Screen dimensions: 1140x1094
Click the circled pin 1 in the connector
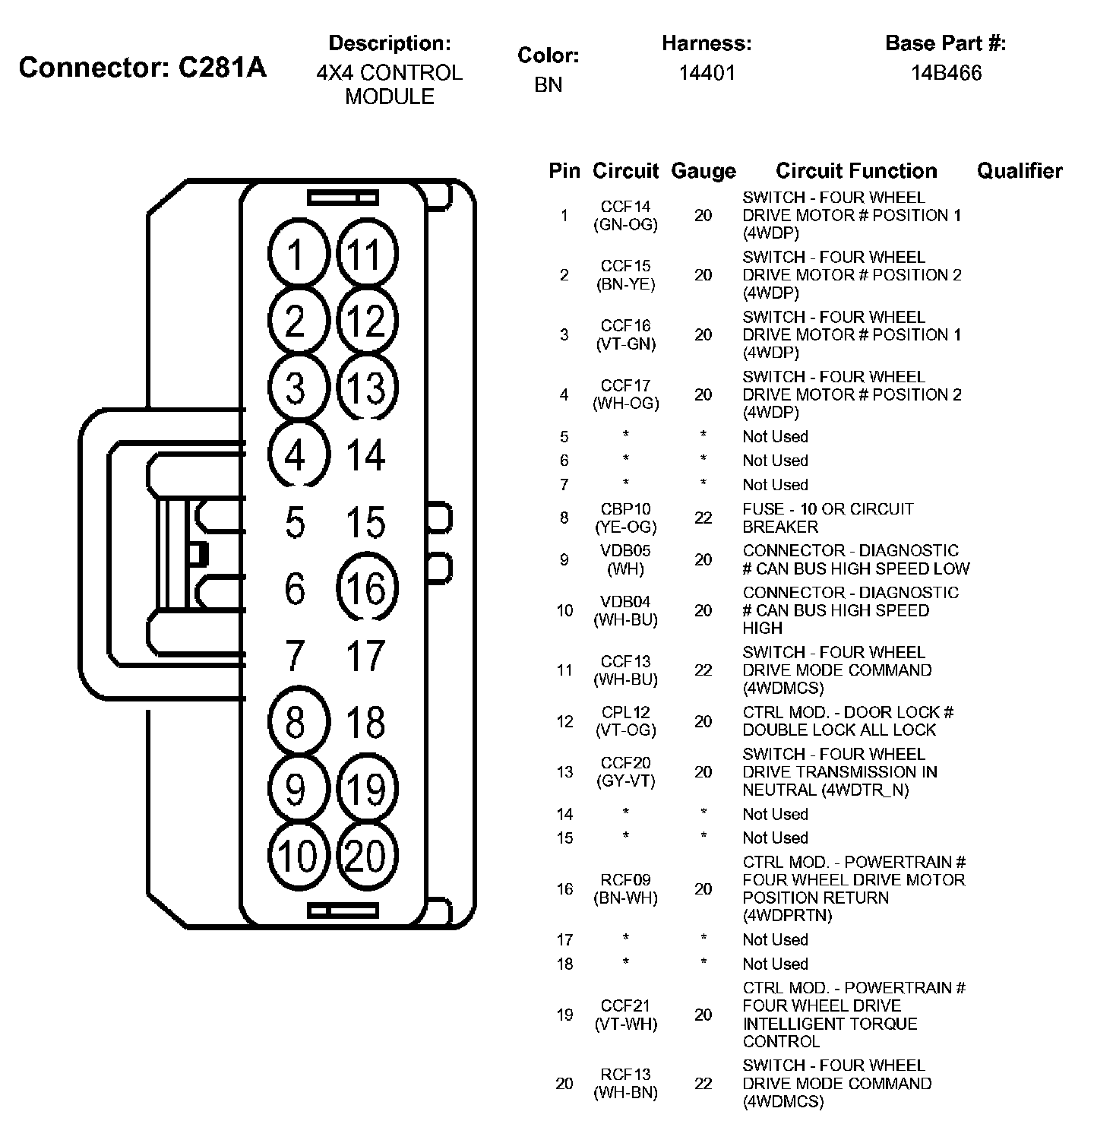click(x=296, y=254)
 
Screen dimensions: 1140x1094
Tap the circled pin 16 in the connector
click(x=366, y=588)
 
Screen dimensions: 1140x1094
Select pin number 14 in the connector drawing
click(x=366, y=454)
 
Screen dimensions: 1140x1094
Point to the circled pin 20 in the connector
click(x=366, y=856)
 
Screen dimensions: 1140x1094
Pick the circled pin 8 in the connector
click(x=296, y=722)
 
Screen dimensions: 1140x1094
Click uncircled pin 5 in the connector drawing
click(x=295, y=522)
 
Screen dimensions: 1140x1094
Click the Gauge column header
click(x=704, y=171)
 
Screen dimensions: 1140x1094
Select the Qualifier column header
click(x=1020, y=171)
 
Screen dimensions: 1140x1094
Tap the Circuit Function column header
click(x=856, y=171)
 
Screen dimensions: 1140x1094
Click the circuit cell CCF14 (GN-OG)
click(x=626, y=215)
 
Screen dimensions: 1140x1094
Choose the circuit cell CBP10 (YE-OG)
click(x=626, y=518)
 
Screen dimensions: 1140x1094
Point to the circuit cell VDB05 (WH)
click(x=626, y=559)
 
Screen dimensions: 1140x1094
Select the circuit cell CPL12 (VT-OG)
click(x=626, y=721)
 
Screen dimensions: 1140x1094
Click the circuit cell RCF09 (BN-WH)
click(x=626, y=888)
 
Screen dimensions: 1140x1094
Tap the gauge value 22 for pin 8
click(x=704, y=518)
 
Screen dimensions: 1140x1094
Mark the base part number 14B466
click(x=947, y=73)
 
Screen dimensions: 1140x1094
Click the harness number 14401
click(x=707, y=73)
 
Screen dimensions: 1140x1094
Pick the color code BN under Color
click(x=548, y=84)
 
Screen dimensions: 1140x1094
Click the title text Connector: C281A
click(x=143, y=68)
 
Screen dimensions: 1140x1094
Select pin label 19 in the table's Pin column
click(x=564, y=1015)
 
